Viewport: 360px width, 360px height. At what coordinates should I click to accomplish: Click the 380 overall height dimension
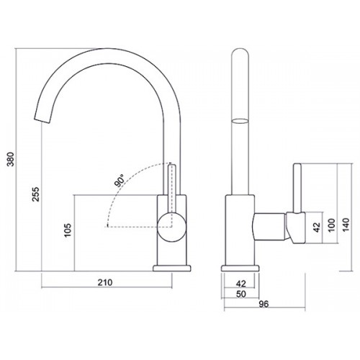coord(11,159)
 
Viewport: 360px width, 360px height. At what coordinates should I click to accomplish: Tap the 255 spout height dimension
coord(35,194)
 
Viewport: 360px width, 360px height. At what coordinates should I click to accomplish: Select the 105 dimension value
coord(68,230)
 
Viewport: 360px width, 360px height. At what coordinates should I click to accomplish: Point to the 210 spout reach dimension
coord(105,282)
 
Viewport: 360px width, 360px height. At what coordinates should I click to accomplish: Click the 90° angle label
coord(120,181)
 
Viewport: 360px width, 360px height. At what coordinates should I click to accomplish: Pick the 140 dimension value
coord(346,225)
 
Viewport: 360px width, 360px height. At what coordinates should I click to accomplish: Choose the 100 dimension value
coord(331,225)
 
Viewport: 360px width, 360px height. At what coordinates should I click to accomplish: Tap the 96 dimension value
coord(264,304)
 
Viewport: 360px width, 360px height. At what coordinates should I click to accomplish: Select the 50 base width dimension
coord(241,294)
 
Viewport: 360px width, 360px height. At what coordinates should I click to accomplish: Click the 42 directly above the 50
coord(241,284)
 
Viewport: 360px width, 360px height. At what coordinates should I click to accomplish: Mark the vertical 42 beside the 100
coord(317,228)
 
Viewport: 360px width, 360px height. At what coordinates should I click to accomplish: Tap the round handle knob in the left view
coord(172,228)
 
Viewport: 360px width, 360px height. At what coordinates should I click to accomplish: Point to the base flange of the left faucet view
coord(172,269)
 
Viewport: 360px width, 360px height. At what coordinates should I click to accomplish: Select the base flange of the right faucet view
coord(240,269)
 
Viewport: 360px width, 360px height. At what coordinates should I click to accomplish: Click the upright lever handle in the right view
coord(297,188)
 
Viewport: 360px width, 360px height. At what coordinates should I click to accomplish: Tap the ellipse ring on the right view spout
coord(240,121)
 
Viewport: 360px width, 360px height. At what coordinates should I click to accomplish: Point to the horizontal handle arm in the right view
coord(270,226)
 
